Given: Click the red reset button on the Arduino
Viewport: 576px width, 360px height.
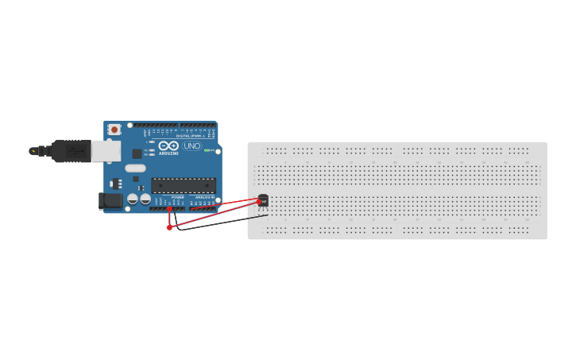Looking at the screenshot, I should pyautogui.click(x=114, y=129).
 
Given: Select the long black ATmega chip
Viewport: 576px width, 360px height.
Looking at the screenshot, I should pyautogui.click(x=183, y=185).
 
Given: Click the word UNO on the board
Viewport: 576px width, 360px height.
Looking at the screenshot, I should pyautogui.click(x=192, y=146).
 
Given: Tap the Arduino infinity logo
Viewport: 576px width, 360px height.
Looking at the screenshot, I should pyautogui.click(x=168, y=145).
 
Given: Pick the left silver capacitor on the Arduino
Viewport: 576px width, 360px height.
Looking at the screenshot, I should pyautogui.click(x=133, y=199).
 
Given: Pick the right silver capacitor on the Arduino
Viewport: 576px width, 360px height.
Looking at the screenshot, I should pyautogui.click(x=145, y=199).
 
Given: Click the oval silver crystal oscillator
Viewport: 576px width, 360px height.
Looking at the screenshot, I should pyautogui.click(x=136, y=168).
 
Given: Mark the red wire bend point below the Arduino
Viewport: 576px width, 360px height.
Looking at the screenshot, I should pyautogui.click(x=169, y=227).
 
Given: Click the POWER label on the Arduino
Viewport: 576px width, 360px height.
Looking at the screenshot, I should pyautogui.click(x=177, y=197).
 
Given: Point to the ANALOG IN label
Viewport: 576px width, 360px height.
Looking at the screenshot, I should pyautogui.click(x=204, y=197).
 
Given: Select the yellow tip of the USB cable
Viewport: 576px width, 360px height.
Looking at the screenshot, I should pyautogui.click(x=33, y=150).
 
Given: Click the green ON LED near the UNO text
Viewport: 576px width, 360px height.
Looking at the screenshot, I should pyautogui.click(x=207, y=150).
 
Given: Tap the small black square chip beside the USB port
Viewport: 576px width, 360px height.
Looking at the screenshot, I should pyautogui.click(x=137, y=153).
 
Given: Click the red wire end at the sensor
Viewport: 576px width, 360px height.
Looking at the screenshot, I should pyautogui.click(x=260, y=199).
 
